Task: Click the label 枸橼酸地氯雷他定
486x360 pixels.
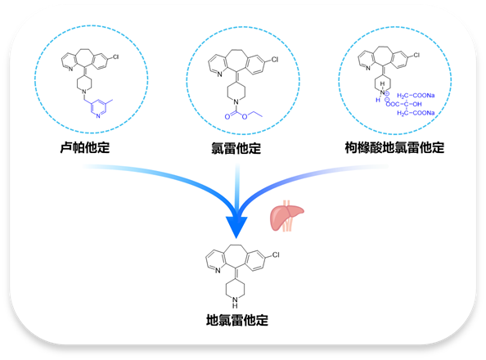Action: point(394,148)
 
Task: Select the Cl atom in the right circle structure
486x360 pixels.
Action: point(416,55)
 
